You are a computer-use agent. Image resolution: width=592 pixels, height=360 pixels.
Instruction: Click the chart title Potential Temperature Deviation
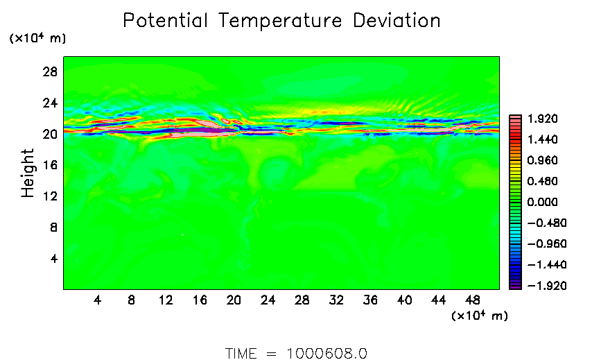(x=281, y=21)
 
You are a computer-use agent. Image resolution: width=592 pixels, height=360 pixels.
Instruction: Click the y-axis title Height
(x=28, y=173)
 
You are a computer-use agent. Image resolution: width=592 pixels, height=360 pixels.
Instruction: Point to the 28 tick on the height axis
(x=50, y=72)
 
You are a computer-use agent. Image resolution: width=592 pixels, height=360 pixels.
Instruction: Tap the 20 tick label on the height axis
(x=50, y=135)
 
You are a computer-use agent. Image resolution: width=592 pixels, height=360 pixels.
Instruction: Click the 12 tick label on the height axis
(x=50, y=196)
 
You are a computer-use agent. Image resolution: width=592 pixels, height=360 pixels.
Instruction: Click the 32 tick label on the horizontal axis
(x=337, y=300)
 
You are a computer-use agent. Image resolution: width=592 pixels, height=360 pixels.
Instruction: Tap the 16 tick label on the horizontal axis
(x=200, y=300)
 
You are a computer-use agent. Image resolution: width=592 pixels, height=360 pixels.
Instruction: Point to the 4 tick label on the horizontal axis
(x=97, y=300)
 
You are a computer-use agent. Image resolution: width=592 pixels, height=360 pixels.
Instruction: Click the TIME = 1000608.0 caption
(x=296, y=353)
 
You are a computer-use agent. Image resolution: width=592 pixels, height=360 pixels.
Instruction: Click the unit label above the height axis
(x=37, y=39)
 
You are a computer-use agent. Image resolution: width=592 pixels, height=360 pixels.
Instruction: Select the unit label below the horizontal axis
(x=479, y=316)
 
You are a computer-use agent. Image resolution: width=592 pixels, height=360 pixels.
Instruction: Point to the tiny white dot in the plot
(x=182, y=235)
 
